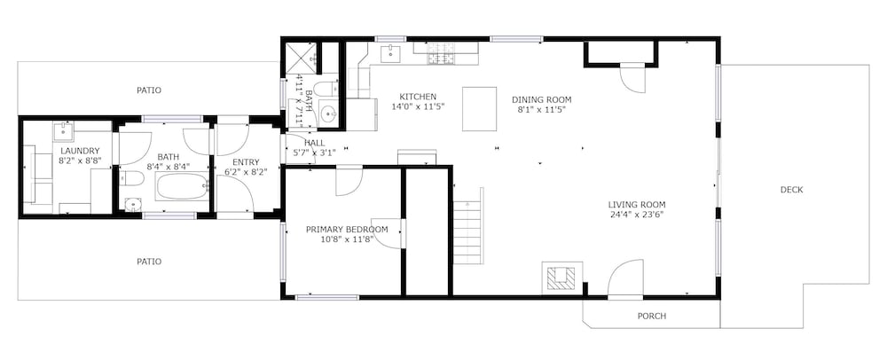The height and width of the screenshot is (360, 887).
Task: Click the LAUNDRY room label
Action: pos(80,151)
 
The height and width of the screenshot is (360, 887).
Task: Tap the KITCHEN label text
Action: pos(418,97)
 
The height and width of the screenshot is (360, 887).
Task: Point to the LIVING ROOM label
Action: pos(636,205)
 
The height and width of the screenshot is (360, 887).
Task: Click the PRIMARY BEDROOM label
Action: pos(347,230)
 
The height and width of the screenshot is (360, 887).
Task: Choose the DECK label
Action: pos(791,190)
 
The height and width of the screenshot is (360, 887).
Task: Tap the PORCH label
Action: pos(652,316)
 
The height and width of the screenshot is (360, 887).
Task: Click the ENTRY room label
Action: pos(246,162)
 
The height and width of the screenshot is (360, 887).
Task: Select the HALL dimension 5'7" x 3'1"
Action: pos(314,153)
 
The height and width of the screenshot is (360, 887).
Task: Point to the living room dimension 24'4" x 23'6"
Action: pos(636,215)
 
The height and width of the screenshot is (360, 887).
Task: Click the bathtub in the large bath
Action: pos(182,186)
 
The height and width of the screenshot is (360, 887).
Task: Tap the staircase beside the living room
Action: pos(468,226)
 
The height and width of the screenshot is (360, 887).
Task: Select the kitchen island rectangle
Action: pos(480,109)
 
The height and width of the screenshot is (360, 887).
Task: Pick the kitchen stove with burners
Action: pos(442,54)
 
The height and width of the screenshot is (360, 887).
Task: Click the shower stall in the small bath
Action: pos(301,58)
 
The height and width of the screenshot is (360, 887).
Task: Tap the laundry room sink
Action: pos(63,132)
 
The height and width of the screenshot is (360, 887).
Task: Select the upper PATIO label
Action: pos(149,90)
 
